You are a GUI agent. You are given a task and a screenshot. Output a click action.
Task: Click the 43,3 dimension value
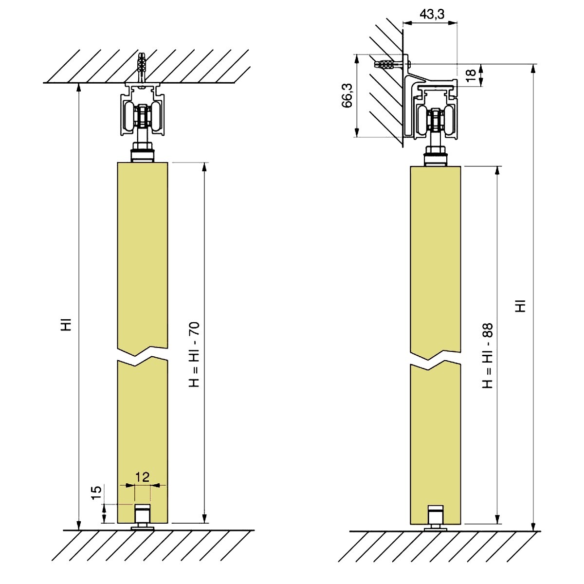pos(432,14)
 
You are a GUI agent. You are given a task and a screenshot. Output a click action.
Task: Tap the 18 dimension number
pos(470,75)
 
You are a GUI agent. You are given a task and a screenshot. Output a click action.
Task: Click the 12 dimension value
pos(142,476)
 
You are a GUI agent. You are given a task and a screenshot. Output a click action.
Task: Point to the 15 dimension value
pos(96,493)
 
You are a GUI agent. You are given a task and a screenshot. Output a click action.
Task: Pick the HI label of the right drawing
pos(521,306)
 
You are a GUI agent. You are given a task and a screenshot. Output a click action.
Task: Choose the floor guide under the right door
pos(435,518)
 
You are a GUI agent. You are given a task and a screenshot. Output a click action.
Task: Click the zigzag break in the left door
pos(143,355)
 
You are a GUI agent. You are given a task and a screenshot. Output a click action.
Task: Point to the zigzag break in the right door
pos(435,360)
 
